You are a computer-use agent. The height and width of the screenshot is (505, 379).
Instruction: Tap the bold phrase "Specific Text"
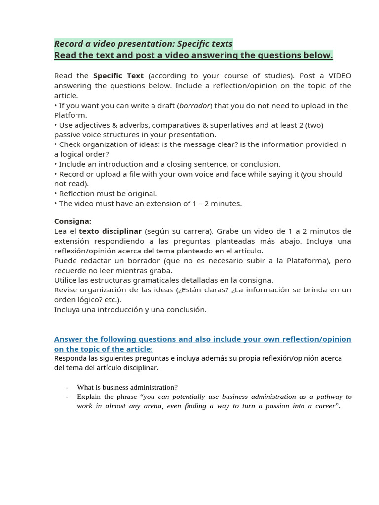[118, 76]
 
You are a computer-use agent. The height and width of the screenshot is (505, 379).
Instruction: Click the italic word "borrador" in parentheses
[195, 106]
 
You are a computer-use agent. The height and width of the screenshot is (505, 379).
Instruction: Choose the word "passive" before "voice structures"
[68, 135]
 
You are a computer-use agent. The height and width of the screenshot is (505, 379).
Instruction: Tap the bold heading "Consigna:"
[73, 221]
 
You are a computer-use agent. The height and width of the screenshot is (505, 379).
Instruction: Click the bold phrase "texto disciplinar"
[110, 231]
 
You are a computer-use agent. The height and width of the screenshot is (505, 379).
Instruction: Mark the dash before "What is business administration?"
[67, 387]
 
